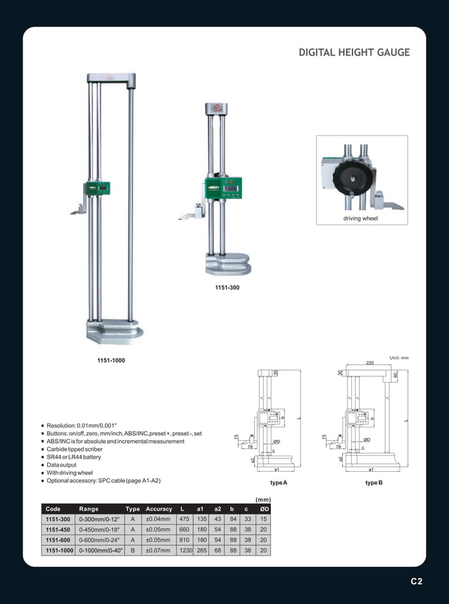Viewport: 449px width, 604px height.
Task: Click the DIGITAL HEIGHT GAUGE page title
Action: pyautogui.click(x=354, y=53)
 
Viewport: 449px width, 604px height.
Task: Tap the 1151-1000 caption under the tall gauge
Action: pyautogui.click(x=111, y=360)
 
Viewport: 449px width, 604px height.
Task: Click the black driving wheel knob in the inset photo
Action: pyautogui.click(x=352, y=179)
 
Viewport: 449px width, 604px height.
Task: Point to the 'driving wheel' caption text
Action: pyautogui.click(x=360, y=219)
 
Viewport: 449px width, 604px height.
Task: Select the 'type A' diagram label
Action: pyautogui.click(x=279, y=483)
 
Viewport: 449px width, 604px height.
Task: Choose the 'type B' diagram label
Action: pyautogui.click(x=374, y=483)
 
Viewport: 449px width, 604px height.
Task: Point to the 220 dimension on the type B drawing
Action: pyautogui.click(x=369, y=364)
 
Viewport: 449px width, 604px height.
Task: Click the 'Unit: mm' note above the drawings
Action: pyautogui.click(x=398, y=358)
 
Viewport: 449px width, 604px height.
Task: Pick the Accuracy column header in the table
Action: pyautogui.click(x=158, y=508)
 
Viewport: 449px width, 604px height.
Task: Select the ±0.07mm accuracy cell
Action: pyautogui.click(x=158, y=550)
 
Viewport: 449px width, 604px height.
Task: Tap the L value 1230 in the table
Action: pyautogui.click(x=185, y=550)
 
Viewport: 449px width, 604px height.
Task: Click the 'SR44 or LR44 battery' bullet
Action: pyautogui.click(x=73, y=457)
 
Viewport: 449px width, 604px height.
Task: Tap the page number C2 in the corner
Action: pyautogui.click(x=417, y=581)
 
